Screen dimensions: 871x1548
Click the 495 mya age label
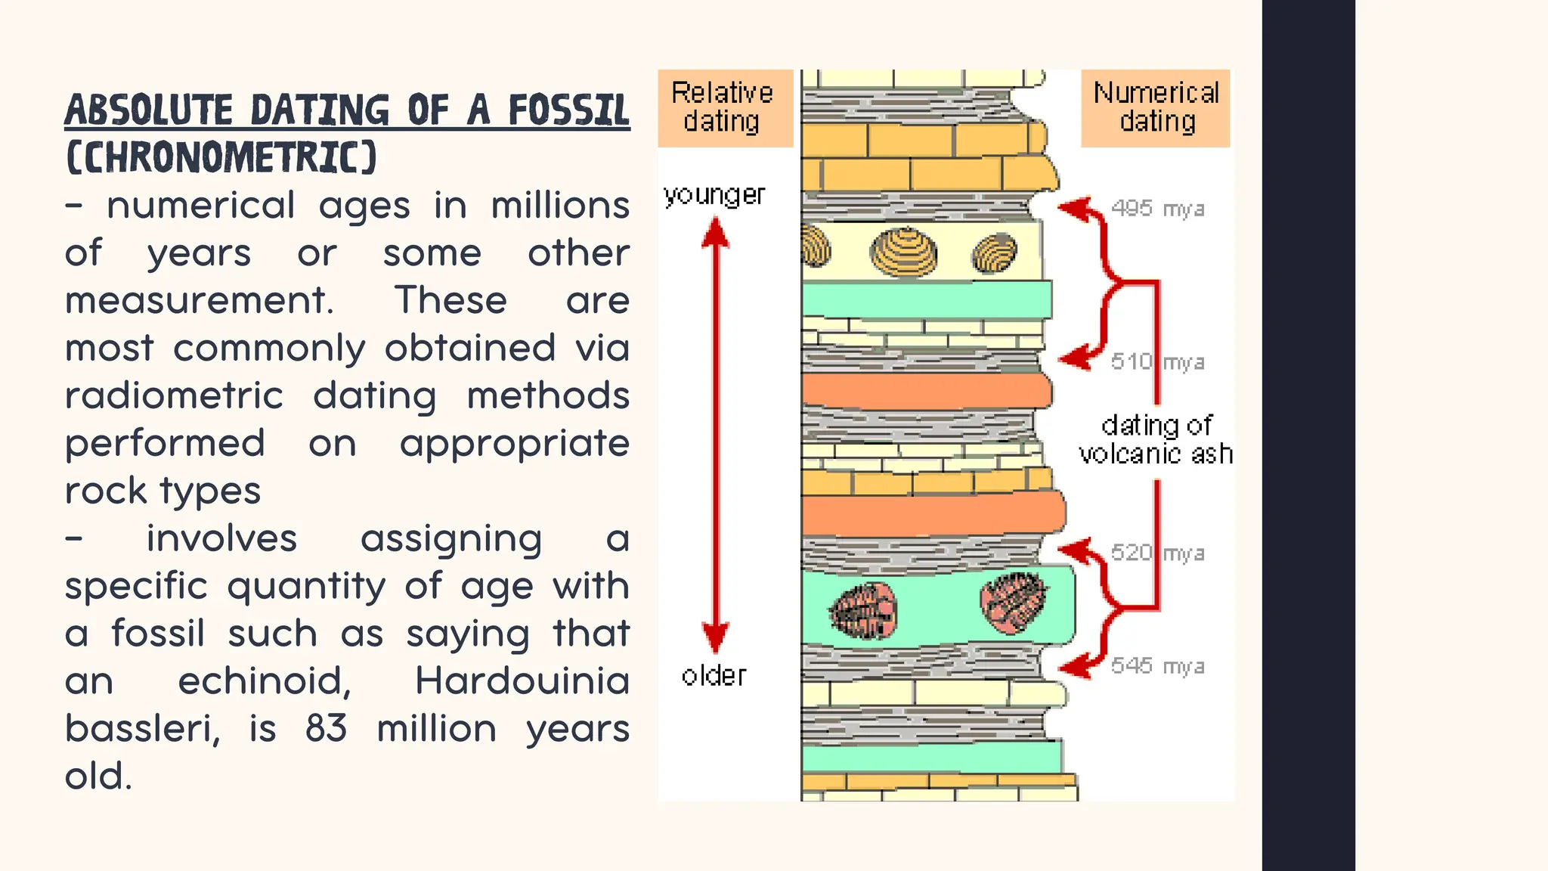1157,208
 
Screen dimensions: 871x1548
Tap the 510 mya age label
1157,361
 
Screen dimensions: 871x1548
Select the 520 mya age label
1157,553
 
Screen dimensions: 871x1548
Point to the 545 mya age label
1157,665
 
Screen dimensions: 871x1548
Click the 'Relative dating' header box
724,107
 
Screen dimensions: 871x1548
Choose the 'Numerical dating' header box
1156,107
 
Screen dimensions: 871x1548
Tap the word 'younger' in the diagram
714,195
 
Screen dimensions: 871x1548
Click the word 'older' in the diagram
714,675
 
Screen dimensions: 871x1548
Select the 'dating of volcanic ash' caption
1156,439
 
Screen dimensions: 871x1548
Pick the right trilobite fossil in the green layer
1014,602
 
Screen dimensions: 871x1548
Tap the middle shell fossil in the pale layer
904,253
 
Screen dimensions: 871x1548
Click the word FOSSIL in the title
568,110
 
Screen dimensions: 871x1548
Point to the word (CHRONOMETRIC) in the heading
221,157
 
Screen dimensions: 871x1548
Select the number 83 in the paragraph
326,728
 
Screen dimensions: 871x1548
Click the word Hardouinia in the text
522,680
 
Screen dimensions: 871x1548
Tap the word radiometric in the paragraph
174,395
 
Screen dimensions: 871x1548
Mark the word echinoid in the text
265,680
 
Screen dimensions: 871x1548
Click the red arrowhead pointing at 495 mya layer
1072,208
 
